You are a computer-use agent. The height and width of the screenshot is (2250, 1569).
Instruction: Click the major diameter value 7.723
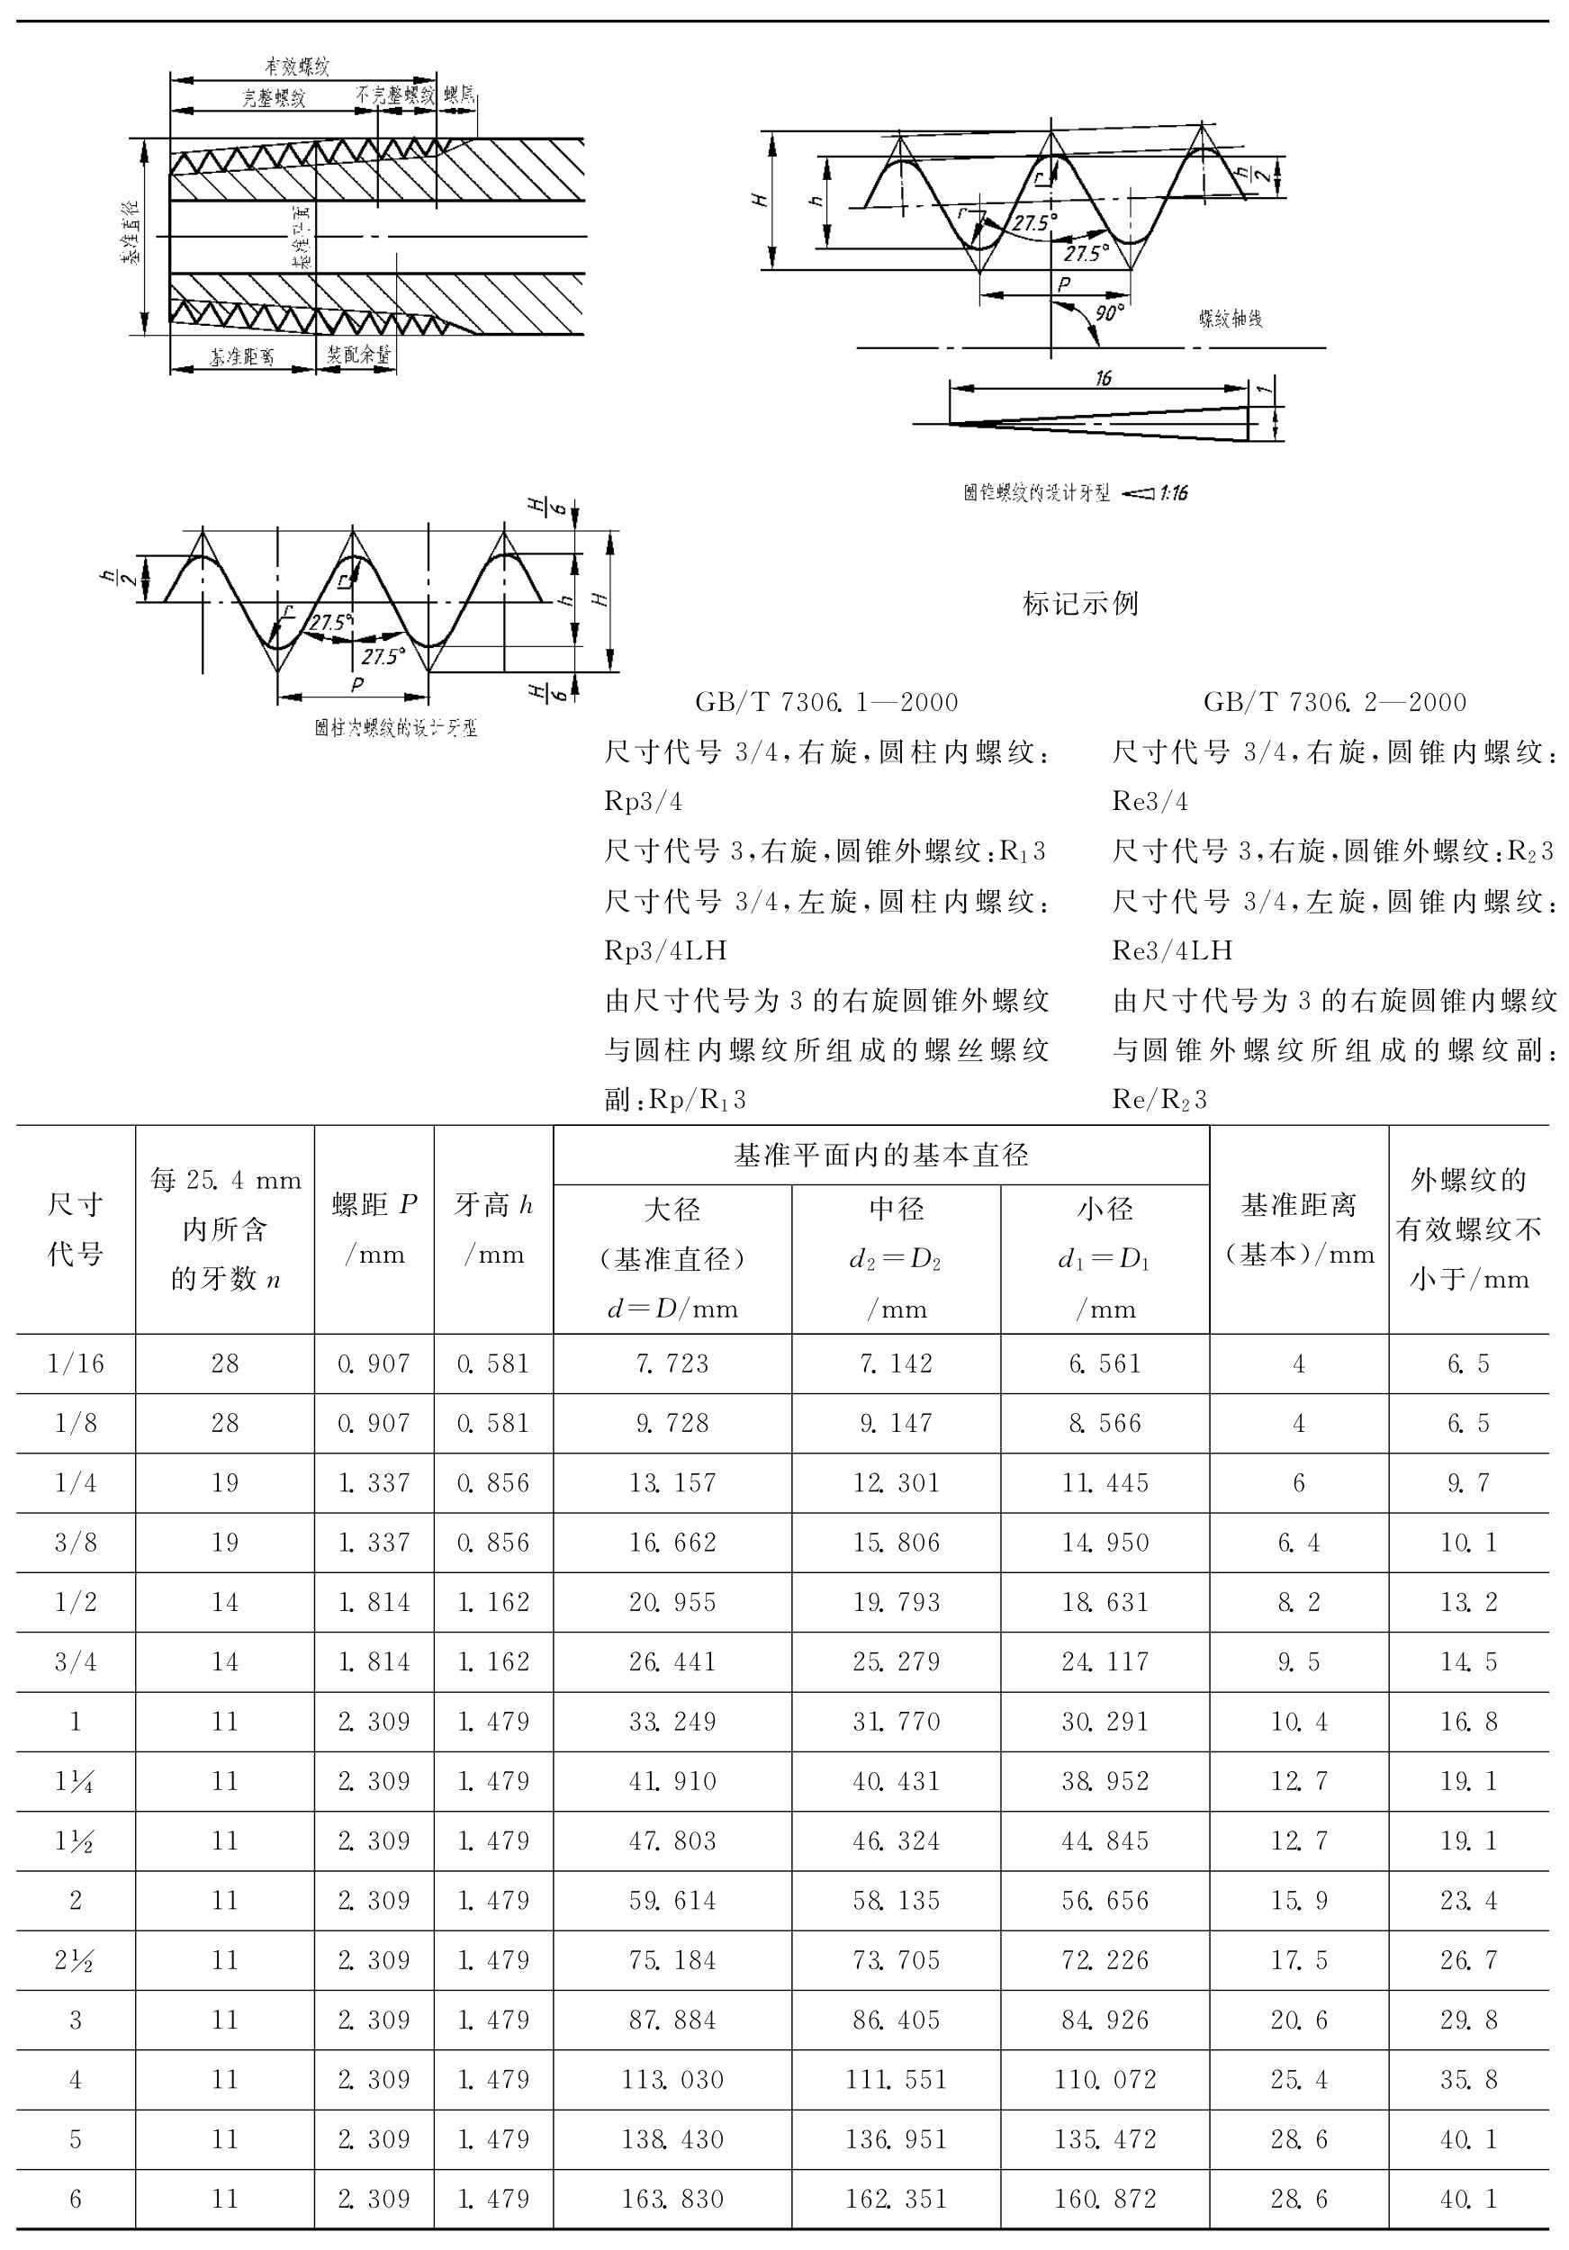(672, 1363)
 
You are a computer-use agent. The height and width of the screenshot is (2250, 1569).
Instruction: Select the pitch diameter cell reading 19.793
(896, 1602)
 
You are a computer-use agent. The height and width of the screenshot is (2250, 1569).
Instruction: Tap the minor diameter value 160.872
(1105, 2199)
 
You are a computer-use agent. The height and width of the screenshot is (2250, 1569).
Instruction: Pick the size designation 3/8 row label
(76, 1543)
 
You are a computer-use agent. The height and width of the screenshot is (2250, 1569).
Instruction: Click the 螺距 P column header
(374, 1228)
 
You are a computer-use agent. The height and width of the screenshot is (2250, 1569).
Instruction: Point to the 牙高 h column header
(493, 1228)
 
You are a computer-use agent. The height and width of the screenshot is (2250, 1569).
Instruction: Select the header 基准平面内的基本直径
(881, 1156)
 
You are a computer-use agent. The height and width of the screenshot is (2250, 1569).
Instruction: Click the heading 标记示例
(1080, 604)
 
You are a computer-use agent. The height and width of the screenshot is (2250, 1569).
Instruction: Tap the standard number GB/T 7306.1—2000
(826, 702)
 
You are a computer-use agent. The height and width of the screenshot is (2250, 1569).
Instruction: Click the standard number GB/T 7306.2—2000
(1335, 702)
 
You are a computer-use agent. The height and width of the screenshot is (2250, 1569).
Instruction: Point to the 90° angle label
(1109, 312)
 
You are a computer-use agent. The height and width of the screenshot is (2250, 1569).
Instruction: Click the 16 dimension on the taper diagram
(1104, 378)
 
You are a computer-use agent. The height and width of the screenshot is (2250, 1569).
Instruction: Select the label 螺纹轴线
(1230, 319)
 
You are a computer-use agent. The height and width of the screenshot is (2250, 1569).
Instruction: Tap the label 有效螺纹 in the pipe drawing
(297, 67)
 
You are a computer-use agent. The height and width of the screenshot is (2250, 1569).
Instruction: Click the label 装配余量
(357, 355)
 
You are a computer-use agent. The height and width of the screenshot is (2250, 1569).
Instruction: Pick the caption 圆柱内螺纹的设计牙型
(396, 727)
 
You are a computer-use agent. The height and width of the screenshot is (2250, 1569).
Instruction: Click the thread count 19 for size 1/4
(224, 1482)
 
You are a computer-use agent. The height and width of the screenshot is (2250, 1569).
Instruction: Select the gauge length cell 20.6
(1299, 2020)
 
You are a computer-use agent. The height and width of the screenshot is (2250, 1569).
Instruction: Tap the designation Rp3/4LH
(665, 950)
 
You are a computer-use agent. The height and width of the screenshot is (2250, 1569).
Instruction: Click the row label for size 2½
(75, 1960)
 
